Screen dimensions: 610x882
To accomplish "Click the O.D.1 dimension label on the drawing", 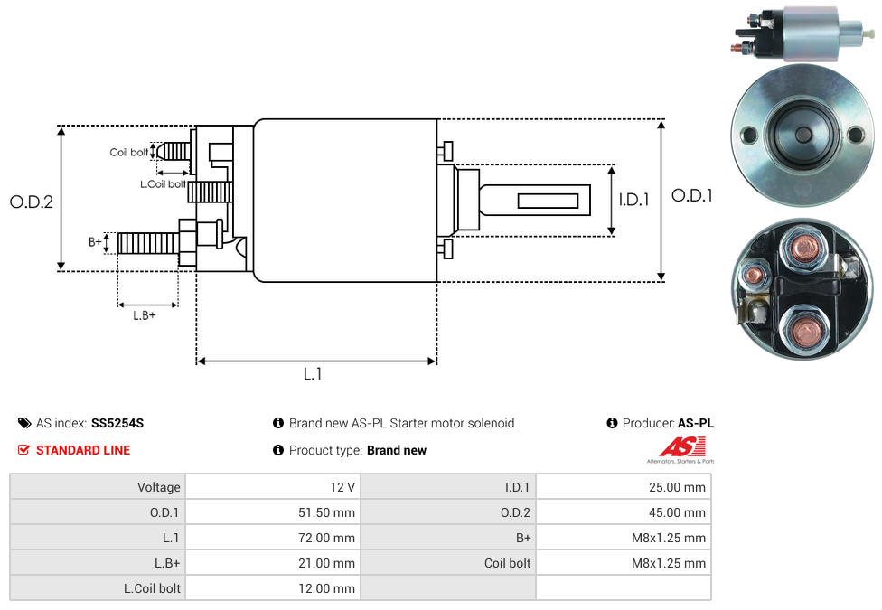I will coord(691,195).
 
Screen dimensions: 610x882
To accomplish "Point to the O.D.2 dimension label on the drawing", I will coord(32,202).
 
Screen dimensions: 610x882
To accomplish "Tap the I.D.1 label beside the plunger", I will coord(634,200).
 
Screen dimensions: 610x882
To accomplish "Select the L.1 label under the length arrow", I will coord(313,374).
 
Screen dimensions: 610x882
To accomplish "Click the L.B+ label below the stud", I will coord(145,315).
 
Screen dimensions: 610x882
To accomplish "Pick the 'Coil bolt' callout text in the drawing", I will coord(129,153).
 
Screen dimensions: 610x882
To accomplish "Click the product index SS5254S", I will coord(117,423).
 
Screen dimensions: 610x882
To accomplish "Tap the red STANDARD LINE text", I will coord(83,450).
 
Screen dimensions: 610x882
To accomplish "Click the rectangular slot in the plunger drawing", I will coord(549,200).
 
